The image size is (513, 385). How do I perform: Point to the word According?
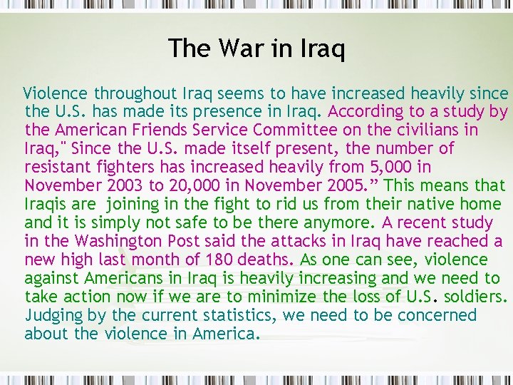coord(364,112)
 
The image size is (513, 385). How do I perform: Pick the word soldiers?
coord(473,297)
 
